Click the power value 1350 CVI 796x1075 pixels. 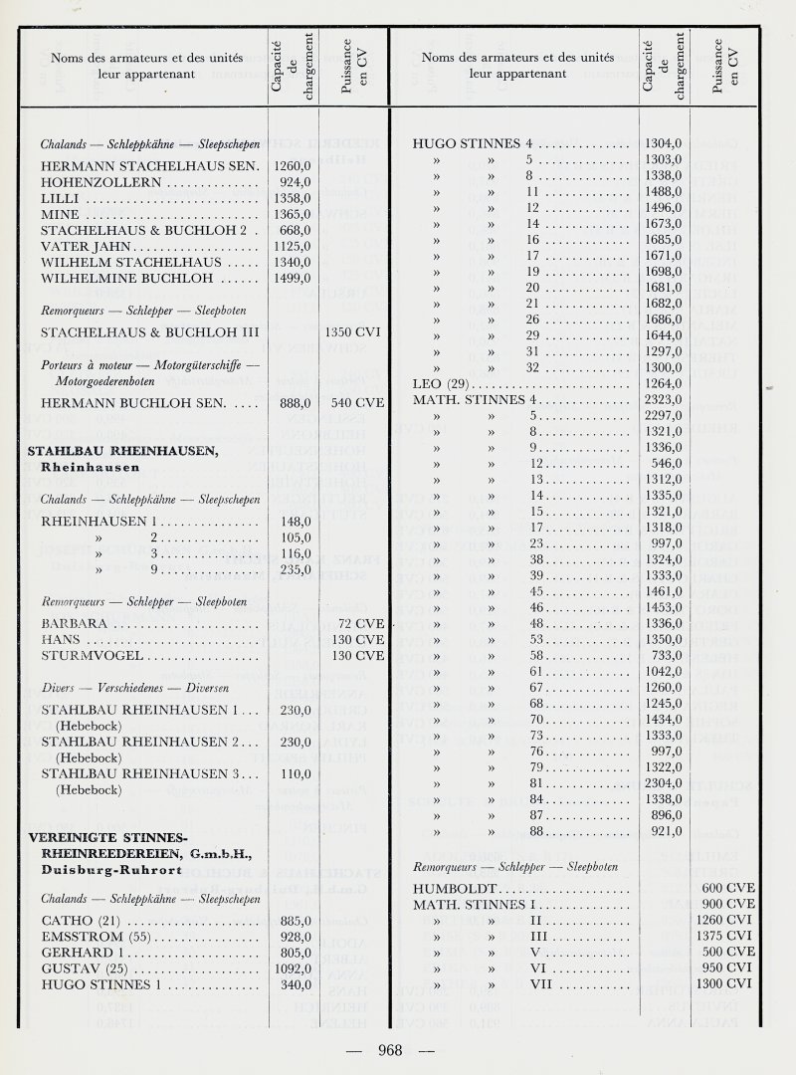[x=355, y=330]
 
